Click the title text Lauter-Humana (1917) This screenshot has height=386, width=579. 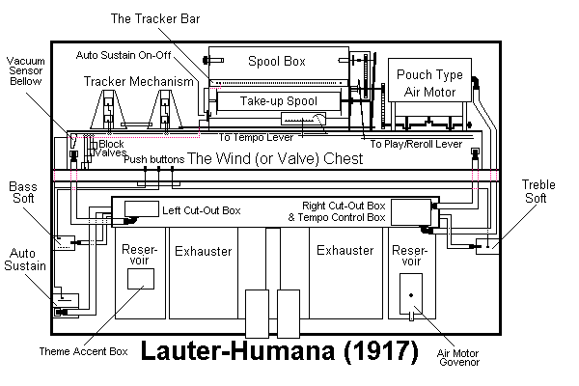pos(280,351)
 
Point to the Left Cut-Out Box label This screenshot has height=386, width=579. pos(201,209)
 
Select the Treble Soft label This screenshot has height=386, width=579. pos(538,191)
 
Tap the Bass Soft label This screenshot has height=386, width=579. pos(23,191)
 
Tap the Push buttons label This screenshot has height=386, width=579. pos(153,158)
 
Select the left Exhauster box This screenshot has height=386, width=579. pos(203,251)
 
